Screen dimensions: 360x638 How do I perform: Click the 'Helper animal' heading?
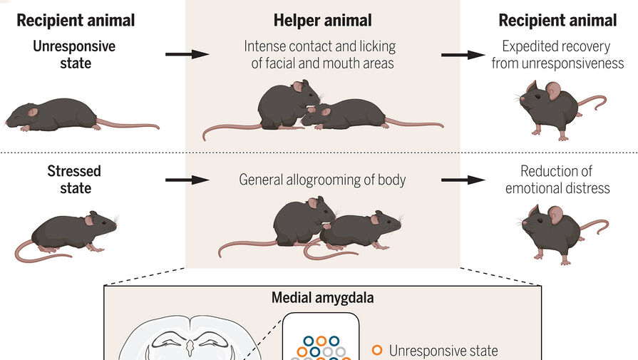point(322,20)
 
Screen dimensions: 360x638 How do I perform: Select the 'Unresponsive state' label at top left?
point(74,54)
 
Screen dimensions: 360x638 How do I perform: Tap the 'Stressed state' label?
point(74,179)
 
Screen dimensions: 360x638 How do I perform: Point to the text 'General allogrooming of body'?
point(322,179)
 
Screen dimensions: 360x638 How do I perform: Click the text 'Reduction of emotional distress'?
point(557,179)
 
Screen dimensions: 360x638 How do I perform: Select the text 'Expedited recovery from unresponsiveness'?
point(557,54)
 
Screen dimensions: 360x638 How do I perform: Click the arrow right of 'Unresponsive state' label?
point(187,54)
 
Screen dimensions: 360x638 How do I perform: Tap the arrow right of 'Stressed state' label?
point(187,180)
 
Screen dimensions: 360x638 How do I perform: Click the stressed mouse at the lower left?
point(71,232)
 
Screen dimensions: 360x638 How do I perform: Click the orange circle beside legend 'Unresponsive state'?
point(378,350)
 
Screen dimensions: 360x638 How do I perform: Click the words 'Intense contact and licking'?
point(319,46)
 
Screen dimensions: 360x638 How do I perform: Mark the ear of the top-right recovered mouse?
point(553,91)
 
